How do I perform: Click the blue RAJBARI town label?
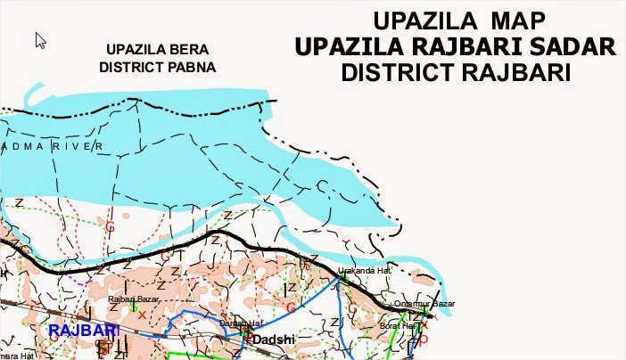(x=84, y=331)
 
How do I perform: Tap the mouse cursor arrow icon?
(x=40, y=41)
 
